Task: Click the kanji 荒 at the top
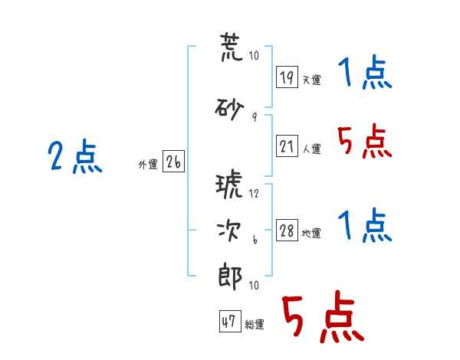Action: click(232, 47)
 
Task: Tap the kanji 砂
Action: click(229, 109)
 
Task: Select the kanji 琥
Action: click(229, 184)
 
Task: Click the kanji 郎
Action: click(230, 277)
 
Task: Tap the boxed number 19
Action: click(287, 77)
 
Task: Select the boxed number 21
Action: click(287, 146)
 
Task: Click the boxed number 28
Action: click(287, 230)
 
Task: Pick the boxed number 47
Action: click(230, 321)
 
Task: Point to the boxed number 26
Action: click(173, 162)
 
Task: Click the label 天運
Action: click(311, 80)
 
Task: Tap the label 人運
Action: click(311, 149)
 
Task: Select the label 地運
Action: click(311, 233)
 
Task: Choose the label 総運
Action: click(255, 324)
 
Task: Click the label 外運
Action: click(148, 165)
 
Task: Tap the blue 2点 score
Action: click(75, 156)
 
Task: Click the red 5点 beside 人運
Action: click(365, 141)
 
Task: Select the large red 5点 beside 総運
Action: click(323, 316)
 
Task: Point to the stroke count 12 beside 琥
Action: click(254, 194)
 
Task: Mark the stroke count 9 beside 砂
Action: click(255, 117)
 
